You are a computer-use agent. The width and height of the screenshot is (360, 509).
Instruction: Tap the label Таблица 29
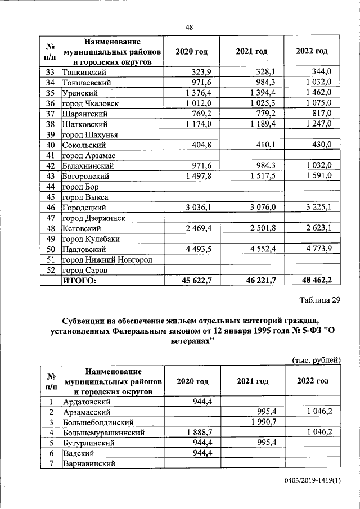(x=319, y=300)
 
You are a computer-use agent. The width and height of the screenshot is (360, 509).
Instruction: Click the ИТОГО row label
(x=79, y=280)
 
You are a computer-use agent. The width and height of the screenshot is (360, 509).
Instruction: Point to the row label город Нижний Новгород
(x=107, y=259)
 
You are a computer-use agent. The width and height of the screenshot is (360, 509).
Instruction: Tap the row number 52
(x=50, y=270)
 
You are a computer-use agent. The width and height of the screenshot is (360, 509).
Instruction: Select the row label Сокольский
(x=84, y=145)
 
